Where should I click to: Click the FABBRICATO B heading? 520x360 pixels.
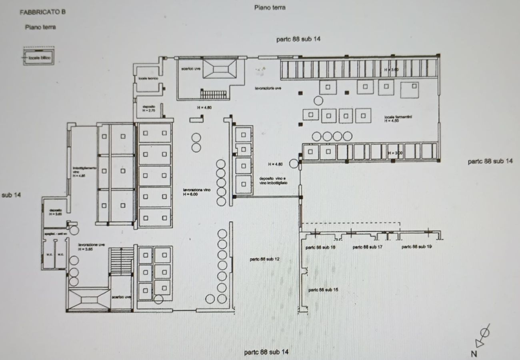[42, 12]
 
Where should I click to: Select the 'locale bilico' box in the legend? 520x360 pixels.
[37, 58]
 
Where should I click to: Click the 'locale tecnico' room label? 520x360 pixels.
[148, 79]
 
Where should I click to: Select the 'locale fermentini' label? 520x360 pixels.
[398, 117]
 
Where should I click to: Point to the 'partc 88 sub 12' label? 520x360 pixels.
[264, 259]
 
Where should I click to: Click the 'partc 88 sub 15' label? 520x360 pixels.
[324, 290]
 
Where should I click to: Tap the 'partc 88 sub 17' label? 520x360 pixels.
[367, 247]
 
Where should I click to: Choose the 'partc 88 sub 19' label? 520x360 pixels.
[416, 247]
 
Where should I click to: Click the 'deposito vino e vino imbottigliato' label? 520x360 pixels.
[274, 180]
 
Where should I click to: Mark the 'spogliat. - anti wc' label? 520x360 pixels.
[55, 233]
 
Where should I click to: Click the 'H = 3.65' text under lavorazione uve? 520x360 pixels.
[86, 249]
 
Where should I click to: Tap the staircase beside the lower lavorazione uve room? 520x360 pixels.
[121, 260]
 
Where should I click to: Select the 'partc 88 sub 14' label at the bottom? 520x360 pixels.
[266, 352]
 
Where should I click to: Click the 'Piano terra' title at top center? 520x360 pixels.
[270, 8]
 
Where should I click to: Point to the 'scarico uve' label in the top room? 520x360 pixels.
[190, 68]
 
